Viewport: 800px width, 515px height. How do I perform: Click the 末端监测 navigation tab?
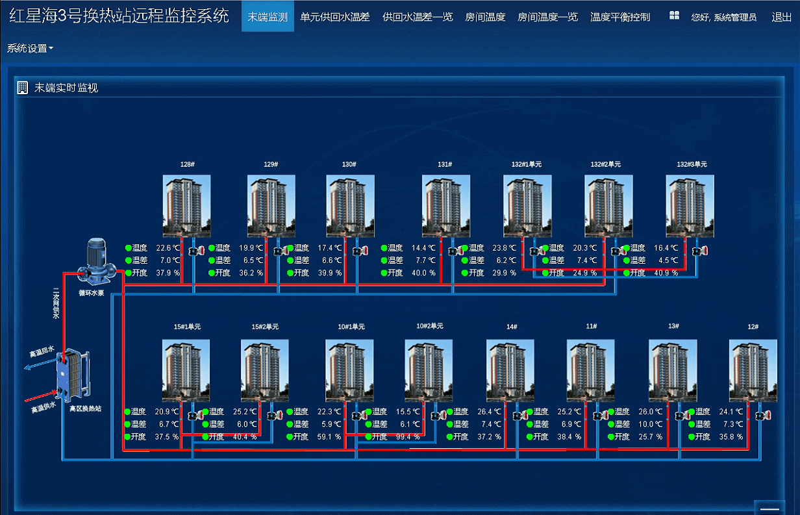point(268,16)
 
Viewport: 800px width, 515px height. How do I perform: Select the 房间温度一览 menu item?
point(547,17)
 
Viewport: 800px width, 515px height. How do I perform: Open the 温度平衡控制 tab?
point(620,17)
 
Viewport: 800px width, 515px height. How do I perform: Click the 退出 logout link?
point(781,17)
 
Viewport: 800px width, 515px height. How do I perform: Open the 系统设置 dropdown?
point(30,48)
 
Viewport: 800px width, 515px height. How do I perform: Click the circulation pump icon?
point(96,262)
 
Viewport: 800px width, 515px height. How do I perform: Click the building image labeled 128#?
point(186,206)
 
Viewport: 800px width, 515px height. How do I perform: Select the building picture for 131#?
point(445,206)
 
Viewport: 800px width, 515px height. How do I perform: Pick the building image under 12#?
point(753,370)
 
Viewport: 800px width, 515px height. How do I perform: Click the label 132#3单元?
point(692,164)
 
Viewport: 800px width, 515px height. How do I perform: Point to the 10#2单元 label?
point(430,326)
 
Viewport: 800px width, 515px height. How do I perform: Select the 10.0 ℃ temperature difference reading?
point(651,424)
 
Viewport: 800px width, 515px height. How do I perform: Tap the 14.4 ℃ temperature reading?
point(423,248)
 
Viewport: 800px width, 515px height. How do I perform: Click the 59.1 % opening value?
point(329,437)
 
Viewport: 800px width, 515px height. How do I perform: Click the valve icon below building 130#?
point(360,251)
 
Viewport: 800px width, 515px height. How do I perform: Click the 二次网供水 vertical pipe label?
point(56,303)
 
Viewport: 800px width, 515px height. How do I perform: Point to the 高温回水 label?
point(42,351)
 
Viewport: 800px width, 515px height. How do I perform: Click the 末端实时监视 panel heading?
point(66,88)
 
